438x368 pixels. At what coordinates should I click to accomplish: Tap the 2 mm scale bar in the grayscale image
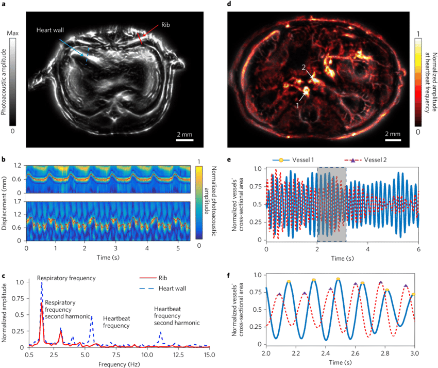coord(185,139)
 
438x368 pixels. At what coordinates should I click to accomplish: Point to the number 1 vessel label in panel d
coord(297,104)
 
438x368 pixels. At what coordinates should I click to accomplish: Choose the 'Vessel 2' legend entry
coord(370,160)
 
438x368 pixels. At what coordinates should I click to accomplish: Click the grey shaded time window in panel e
coord(331,204)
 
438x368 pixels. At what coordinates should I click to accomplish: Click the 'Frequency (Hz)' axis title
coord(119,363)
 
